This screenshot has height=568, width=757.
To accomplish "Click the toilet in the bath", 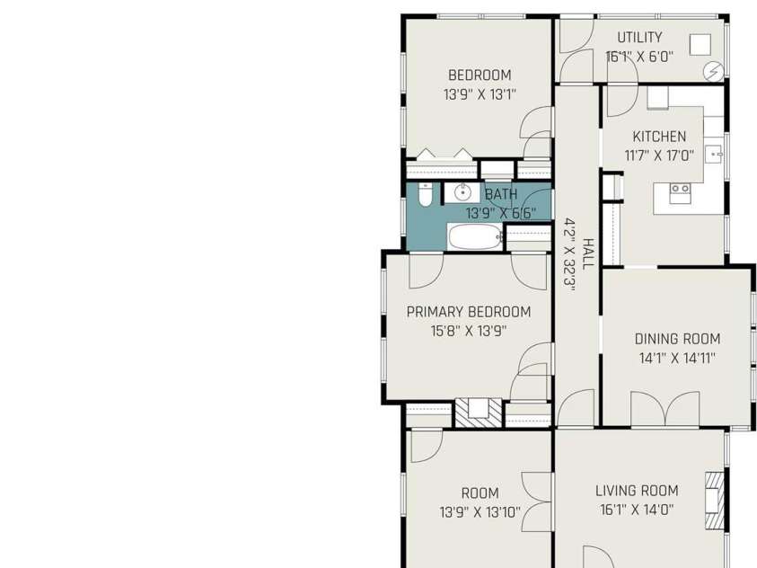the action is [x=425, y=195].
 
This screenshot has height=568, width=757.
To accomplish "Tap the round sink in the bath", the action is [x=462, y=192].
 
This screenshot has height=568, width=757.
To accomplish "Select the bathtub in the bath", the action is [x=476, y=237].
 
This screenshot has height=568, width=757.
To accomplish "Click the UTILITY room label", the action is [x=639, y=37].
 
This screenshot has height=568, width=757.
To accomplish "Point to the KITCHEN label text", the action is [x=659, y=137].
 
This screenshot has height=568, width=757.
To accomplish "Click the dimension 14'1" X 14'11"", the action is [x=677, y=359].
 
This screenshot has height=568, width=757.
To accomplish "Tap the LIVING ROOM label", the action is [x=637, y=491].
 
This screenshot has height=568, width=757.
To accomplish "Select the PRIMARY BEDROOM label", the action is [x=468, y=312].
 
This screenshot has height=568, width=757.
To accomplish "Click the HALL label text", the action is [x=588, y=253].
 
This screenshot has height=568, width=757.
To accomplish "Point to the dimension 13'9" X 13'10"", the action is [x=480, y=512].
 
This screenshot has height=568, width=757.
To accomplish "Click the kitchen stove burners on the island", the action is [x=680, y=189].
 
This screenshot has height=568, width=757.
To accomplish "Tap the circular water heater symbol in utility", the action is [x=714, y=72].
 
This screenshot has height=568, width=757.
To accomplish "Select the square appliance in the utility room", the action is [x=700, y=44].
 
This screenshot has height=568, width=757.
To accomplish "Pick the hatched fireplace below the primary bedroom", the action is [x=479, y=412].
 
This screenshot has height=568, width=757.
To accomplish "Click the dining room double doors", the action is [x=665, y=409].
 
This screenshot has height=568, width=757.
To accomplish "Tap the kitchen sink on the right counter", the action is [x=713, y=155].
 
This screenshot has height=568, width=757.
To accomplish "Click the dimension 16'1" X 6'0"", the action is [x=639, y=57].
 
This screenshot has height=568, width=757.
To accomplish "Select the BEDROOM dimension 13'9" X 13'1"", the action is [x=480, y=94].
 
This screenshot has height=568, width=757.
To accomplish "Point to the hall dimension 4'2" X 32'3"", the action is [x=569, y=254].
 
